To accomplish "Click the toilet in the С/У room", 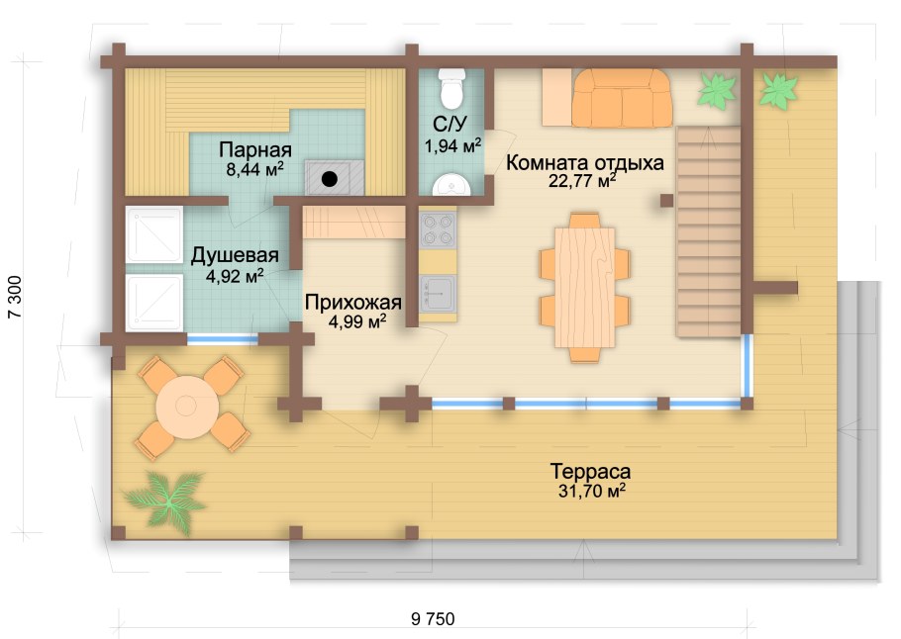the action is tap(451, 88).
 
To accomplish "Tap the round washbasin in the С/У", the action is tap(451, 184).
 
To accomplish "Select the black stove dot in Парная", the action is tap(330, 179).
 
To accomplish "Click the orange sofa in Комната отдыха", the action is tap(622, 98).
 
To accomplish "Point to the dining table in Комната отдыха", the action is tap(585, 287).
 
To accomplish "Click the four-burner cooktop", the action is tap(438, 229).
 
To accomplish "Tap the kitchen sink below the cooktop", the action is tap(438, 294).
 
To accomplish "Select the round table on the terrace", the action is tap(187, 407).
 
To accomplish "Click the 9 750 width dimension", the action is tap(433, 619).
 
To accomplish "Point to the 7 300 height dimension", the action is tap(15, 297).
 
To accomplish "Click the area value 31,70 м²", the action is tap(591, 492).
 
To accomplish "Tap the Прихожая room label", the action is tap(352, 302).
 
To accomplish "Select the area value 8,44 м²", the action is tap(254, 169).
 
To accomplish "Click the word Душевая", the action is tap(235, 255).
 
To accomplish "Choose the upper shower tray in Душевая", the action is tap(154, 235).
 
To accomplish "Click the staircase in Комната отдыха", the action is tap(708, 231).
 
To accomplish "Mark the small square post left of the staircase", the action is tap(666, 201).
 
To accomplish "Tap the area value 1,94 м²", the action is tap(452, 145).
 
